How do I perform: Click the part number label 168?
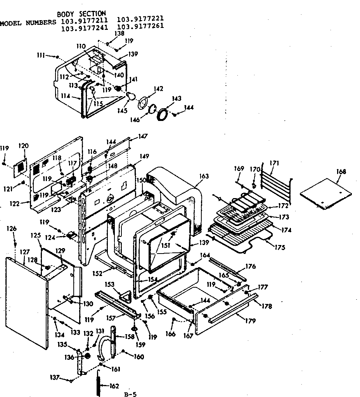342,172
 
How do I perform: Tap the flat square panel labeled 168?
327,193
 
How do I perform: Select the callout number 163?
204,176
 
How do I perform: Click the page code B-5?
131,394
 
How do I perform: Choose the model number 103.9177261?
140,26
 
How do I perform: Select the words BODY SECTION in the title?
81,14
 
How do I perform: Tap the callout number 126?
12,229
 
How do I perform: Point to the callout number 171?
274,163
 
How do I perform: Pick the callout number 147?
143,136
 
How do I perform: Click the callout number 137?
54,376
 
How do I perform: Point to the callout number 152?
98,273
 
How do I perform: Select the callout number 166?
170,334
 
